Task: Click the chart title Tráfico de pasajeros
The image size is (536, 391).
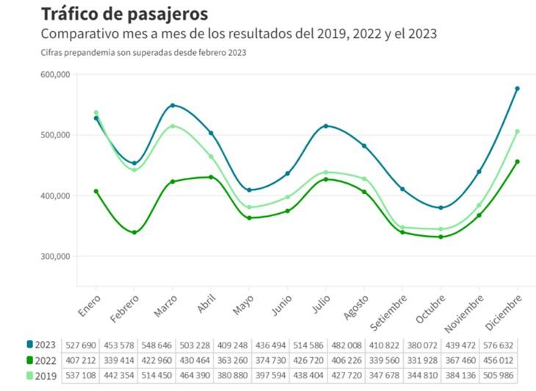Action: coord(124,14)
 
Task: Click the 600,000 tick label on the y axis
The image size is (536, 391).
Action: coord(54,75)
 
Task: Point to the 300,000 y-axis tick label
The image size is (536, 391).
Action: coord(54,257)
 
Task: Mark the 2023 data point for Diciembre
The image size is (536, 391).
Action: coord(517,89)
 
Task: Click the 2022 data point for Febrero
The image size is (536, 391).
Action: coord(134,232)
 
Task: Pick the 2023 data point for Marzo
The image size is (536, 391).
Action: coord(173,105)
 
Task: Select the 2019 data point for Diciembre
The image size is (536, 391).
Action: coord(517,132)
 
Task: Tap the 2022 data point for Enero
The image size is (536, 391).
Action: coord(96,191)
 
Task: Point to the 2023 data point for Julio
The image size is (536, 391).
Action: coord(326,126)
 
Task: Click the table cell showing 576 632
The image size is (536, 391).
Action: coord(499,345)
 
